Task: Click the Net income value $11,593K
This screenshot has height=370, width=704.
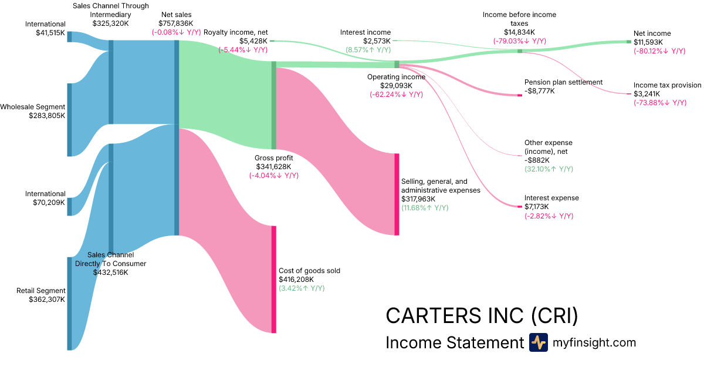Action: (648, 42)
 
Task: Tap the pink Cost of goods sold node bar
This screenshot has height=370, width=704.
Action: (273, 279)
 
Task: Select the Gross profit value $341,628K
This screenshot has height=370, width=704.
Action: (274, 167)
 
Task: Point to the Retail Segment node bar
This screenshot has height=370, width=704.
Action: (69, 303)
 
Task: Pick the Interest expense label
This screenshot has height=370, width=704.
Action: (551, 198)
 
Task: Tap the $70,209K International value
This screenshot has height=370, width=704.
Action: (49, 203)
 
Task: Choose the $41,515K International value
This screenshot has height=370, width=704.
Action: (49, 33)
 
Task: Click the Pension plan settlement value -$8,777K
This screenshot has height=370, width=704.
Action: (539, 91)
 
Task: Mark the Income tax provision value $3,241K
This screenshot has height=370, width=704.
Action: (648, 94)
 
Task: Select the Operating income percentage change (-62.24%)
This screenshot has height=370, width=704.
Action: (396, 95)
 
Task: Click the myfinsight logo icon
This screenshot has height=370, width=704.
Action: (538, 342)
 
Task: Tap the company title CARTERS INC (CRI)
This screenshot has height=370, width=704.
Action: (482, 315)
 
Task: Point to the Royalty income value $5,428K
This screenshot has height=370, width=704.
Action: (253, 41)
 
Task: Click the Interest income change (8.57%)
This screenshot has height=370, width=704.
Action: (368, 50)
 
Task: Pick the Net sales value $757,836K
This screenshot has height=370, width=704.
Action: (175, 23)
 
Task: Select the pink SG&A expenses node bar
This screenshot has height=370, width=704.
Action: (397, 194)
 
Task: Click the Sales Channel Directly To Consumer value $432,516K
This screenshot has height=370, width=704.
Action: (110, 273)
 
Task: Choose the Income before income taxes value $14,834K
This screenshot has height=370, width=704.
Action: (519, 32)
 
